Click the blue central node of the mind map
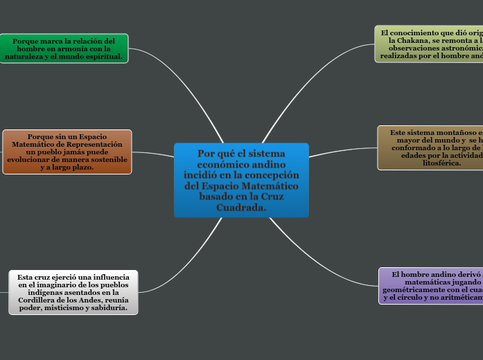(241, 180)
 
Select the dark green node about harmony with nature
(64, 48)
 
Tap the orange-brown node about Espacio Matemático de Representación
(67, 152)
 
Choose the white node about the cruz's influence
(73, 292)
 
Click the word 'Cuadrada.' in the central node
(241, 207)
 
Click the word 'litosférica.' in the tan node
(437, 163)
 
